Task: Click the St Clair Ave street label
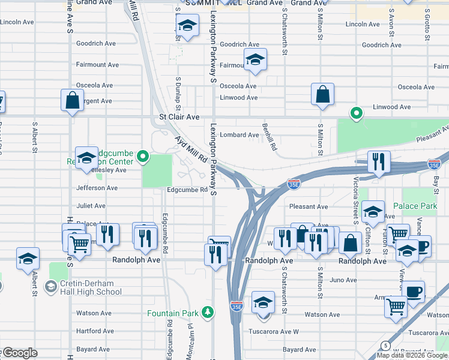(178, 117)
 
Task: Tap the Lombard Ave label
(239, 135)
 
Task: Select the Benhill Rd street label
(269, 137)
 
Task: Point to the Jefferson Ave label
(97, 188)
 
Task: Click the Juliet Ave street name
(91, 205)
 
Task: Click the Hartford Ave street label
(95, 331)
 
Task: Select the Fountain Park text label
(173, 313)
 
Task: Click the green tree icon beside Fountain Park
(208, 312)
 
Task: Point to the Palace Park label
(415, 206)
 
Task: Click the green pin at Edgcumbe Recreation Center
(143, 158)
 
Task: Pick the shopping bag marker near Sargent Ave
(72, 100)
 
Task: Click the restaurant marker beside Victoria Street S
(379, 161)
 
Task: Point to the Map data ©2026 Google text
(411, 355)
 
